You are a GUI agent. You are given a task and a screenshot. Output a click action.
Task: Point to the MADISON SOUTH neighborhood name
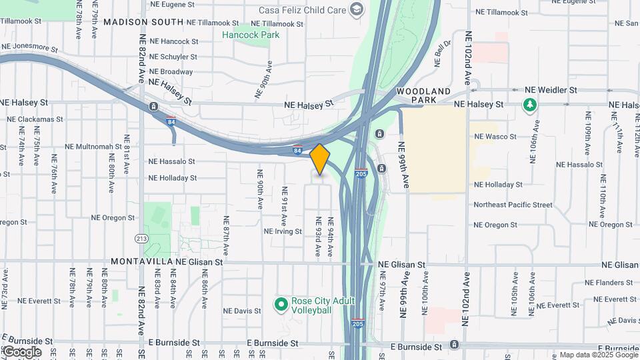tap(143, 22)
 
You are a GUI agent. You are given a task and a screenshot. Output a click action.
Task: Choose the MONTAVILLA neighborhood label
tap(141, 262)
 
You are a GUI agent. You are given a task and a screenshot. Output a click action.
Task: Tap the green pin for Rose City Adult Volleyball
tap(281, 305)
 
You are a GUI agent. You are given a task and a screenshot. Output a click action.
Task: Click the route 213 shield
tap(141, 238)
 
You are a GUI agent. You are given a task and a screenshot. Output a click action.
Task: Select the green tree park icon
tap(530, 105)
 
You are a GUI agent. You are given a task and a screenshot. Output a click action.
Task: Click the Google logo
tap(21, 351)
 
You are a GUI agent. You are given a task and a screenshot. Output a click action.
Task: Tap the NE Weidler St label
tap(550, 90)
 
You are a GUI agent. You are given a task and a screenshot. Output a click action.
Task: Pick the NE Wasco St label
tap(495, 137)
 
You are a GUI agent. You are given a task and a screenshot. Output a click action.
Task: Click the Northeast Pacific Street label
tap(513, 205)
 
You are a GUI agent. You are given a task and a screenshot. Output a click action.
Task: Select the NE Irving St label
tap(284, 231)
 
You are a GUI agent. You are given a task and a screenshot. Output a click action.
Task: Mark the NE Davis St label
tap(242, 311)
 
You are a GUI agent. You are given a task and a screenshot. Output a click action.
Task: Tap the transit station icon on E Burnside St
tap(454, 345)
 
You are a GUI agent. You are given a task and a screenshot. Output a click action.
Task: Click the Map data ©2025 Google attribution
tap(598, 355)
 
